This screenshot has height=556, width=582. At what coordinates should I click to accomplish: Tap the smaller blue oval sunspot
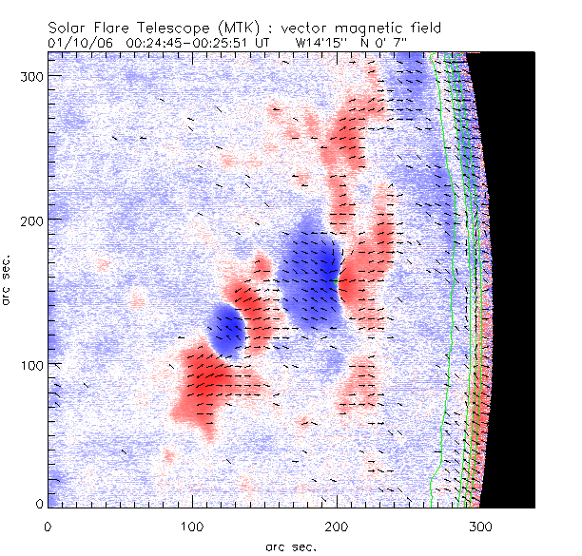[x=226, y=329]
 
